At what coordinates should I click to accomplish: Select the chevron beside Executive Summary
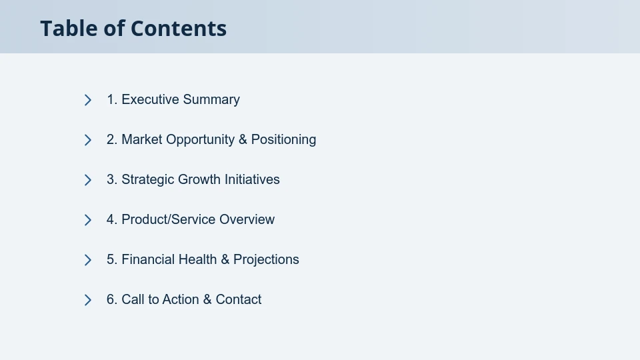[x=88, y=100]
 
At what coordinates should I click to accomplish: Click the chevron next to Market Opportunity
[x=88, y=140]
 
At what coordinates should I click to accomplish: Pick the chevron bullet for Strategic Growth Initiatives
[x=88, y=180]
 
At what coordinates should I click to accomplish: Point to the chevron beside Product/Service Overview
[x=88, y=220]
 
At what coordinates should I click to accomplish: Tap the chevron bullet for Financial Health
[x=88, y=260]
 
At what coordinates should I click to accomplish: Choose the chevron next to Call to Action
[x=88, y=300]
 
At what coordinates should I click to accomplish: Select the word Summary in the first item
[x=211, y=99]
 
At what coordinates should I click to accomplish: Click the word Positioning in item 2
[x=283, y=139]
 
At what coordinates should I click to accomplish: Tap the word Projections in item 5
[x=266, y=259]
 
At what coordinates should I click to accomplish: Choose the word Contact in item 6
[x=238, y=299]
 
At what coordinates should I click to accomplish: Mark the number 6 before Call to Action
[x=111, y=299]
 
